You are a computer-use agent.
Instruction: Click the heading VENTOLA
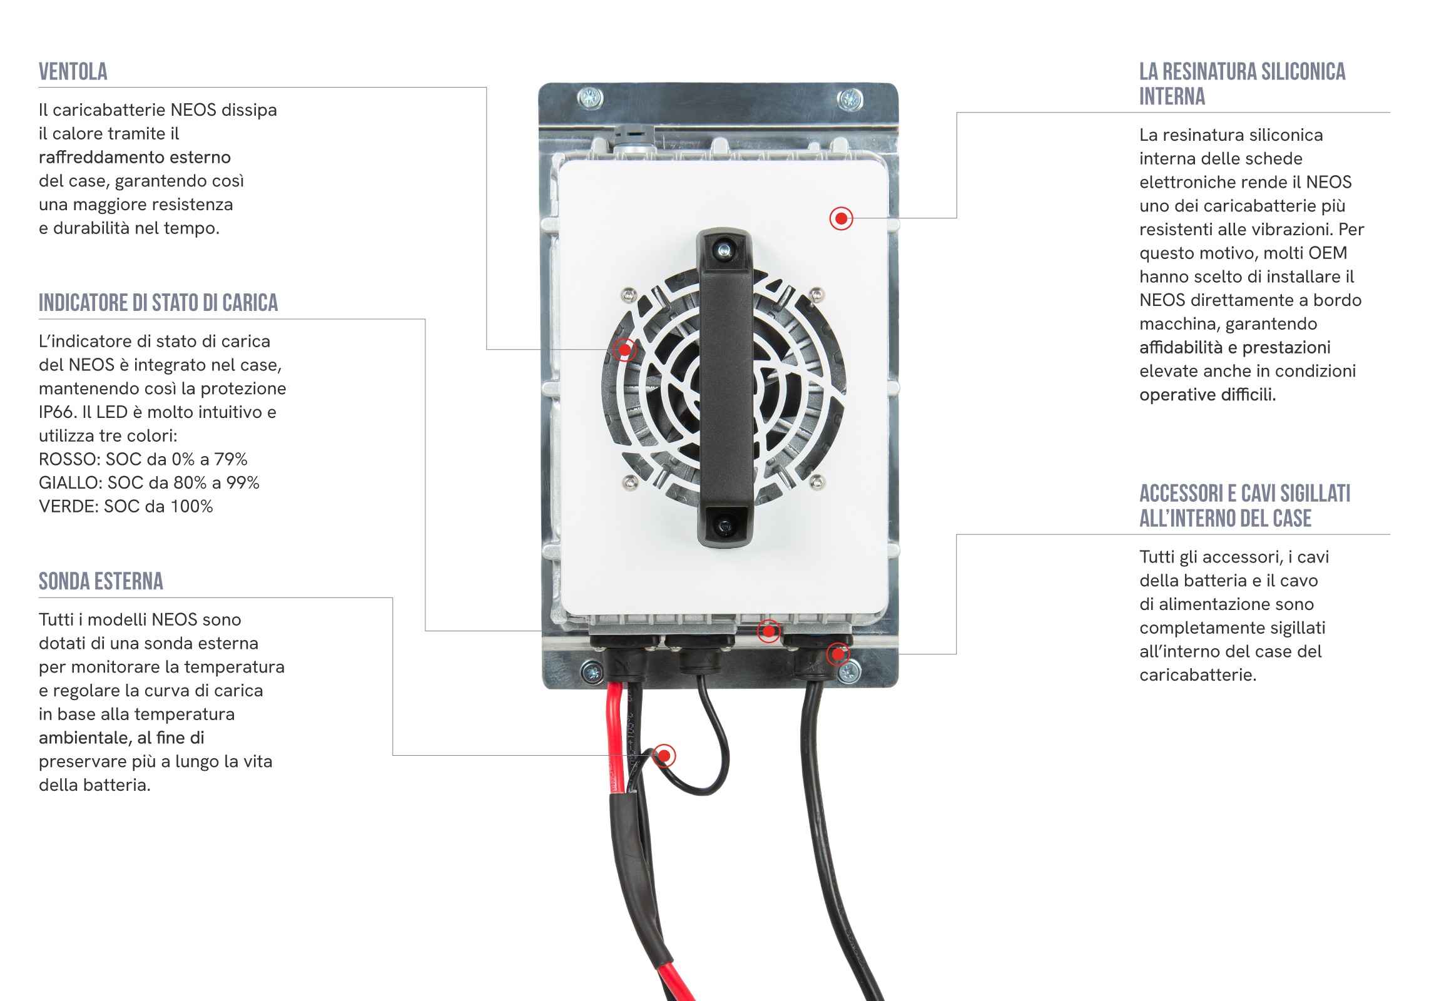pyautogui.click(x=73, y=72)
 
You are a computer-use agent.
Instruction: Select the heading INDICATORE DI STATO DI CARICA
pyautogui.click(x=158, y=303)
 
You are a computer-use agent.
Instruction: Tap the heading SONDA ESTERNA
pyautogui.click(x=101, y=581)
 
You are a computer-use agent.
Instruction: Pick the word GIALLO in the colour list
pyautogui.click(x=69, y=483)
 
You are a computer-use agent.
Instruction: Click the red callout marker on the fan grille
pyautogui.click(x=625, y=349)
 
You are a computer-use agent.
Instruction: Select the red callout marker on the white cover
pyautogui.click(x=841, y=218)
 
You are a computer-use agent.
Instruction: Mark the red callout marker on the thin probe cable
pyautogui.click(x=664, y=755)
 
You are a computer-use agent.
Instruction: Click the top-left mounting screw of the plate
pyautogui.click(x=590, y=98)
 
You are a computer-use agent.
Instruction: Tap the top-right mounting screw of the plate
pyautogui.click(x=850, y=99)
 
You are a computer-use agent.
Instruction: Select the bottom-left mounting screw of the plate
pyautogui.click(x=591, y=673)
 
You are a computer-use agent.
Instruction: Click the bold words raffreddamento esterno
pyautogui.click(x=135, y=157)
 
